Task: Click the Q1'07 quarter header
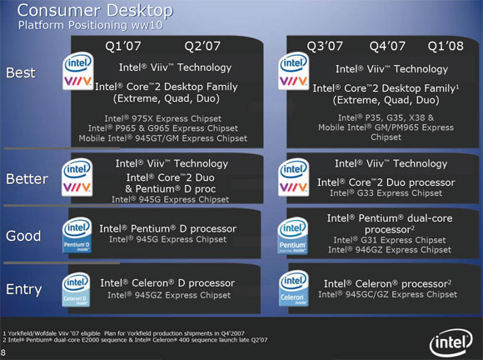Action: click(x=123, y=46)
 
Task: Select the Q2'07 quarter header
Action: click(x=202, y=46)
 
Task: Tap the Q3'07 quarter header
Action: click(x=325, y=46)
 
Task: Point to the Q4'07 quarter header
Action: click(x=387, y=46)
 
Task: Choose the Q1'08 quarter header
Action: click(x=446, y=46)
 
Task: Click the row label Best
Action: click(x=21, y=72)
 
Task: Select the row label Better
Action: click(x=27, y=179)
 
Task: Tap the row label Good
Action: click(x=23, y=236)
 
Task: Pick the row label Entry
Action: click(x=23, y=289)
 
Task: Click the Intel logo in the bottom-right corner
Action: click(x=451, y=342)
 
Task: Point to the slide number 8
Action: click(x=2, y=352)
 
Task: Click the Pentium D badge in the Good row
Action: click(x=77, y=235)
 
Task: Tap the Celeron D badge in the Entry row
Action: click(x=76, y=289)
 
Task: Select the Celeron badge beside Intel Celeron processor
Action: click(x=294, y=288)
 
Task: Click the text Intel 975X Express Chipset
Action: click(x=163, y=118)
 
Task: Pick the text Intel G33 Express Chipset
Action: click(x=386, y=193)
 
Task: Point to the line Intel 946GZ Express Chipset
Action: click(x=390, y=250)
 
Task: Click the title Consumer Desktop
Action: click(x=95, y=11)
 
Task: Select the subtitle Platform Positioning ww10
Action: click(x=90, y=25)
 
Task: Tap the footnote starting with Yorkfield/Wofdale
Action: click(x=123, y=333)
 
